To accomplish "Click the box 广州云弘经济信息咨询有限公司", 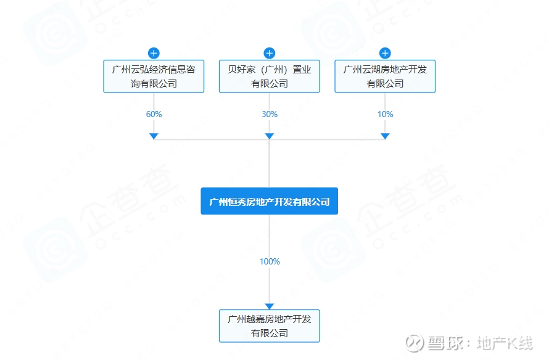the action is point(154,76).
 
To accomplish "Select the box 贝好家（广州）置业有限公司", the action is point(269,76).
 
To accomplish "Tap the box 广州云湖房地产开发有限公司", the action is point(385,76).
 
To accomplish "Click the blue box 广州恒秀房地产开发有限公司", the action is point(269,201).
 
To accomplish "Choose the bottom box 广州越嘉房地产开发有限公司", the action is point(269,325).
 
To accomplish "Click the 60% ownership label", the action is point(154,114).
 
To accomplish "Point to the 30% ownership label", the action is point(270,114).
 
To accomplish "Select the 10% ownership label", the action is point(385,114).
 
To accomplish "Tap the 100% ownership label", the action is point(270,261).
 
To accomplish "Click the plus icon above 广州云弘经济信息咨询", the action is point(154,53).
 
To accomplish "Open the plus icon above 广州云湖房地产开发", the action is point(385,53).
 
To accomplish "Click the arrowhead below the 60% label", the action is point(154,136).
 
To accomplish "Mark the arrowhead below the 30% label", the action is point(269,136).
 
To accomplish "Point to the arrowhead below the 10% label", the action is point(385,136).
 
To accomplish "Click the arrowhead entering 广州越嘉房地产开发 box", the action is point(269,306).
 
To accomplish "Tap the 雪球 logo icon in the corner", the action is point(415,343).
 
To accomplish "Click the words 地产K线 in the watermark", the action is point(505,343).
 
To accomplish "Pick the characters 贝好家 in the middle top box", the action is point(242,69).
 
